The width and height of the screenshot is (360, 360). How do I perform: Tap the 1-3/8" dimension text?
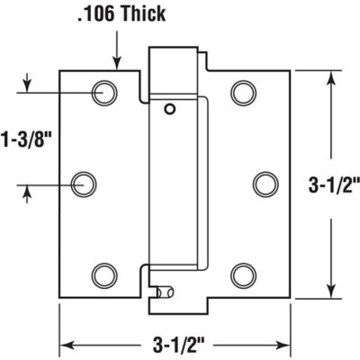[x=27, y=140]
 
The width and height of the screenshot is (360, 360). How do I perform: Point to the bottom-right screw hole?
[x=242, y=274]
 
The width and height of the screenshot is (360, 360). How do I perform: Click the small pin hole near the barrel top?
[x=169, y=109]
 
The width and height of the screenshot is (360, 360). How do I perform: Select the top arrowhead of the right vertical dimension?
[x=332, y=78]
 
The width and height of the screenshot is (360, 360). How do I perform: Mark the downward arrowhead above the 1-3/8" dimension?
[x=27, y=85]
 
